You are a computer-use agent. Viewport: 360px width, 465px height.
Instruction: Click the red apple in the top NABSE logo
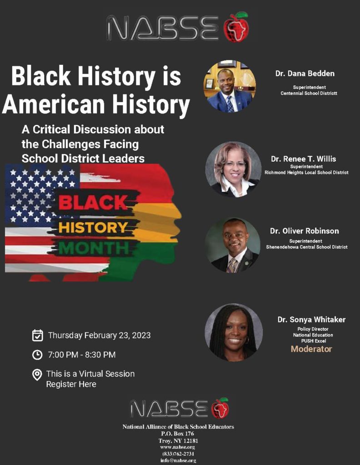pyautogui.click(x=236, y=27)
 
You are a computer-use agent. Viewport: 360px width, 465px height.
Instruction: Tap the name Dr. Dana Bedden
pyautogui.click(x=305, y=74)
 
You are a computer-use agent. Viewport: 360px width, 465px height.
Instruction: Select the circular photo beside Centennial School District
pyautogui.click(x=230, y=86)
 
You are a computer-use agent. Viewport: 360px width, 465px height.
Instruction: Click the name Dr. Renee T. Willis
pyautogui.click(x=303, y=159)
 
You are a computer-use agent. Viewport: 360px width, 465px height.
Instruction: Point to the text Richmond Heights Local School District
pyautogui.click(x=306, y=172)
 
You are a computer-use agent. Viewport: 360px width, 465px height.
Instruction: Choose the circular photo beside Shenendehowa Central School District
pyautogui.click(x=233, y=245)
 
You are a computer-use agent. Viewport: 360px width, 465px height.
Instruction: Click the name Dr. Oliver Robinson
pyautogui.click(x=304, y=231)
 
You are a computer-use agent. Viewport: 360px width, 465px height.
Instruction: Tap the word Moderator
pyautogui.click(x=311, y=349)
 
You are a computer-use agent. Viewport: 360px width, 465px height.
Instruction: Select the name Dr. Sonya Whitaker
pyautogui.click(x=312, y=320)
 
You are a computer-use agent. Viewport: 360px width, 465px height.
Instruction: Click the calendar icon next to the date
pyautogui.click(x=37, y=336)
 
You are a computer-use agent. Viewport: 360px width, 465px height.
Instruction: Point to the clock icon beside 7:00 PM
pyautogui.click(x=37, y=355)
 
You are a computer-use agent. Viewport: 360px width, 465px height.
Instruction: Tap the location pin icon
pyautogui.click(x=37, y=375)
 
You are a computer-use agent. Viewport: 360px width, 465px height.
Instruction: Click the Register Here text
pyautogui.click(x=71, y=384)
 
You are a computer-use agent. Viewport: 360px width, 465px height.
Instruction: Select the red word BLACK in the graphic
pyautogui.click(x=93, y=203)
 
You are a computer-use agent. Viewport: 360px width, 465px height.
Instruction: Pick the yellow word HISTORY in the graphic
pyautogui.click(x=93, y=228)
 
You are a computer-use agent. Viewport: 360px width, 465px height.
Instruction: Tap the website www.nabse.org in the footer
pyautogui.click(x=177, y=447)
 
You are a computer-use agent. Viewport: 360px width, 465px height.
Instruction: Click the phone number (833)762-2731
pyautogui.click(x=178, y=454)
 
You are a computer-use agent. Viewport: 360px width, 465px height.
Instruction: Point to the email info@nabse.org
pyautogui.click(x=178, y=460)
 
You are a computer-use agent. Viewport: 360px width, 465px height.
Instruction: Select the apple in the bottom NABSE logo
pyautogui.click(x=220, y=408)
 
